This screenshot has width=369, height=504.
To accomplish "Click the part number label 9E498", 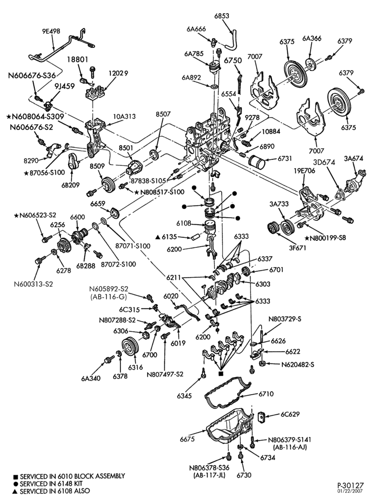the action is pos(51,31).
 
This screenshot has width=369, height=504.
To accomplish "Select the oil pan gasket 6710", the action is pos(228,394).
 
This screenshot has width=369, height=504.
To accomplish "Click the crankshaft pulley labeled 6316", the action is pos(130,348).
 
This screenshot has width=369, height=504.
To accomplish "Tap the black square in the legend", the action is pos(16,476).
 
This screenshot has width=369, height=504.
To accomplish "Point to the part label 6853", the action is pos(222,16).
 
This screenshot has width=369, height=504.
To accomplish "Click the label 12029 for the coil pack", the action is pos(117,73).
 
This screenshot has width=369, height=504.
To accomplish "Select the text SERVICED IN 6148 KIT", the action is pos(51,483).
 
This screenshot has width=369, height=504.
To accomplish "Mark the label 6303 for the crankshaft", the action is pos(263,284).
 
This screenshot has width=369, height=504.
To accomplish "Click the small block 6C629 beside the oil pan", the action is pos(261,417).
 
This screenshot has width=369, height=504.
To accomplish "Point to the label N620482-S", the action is pos(297,364).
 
